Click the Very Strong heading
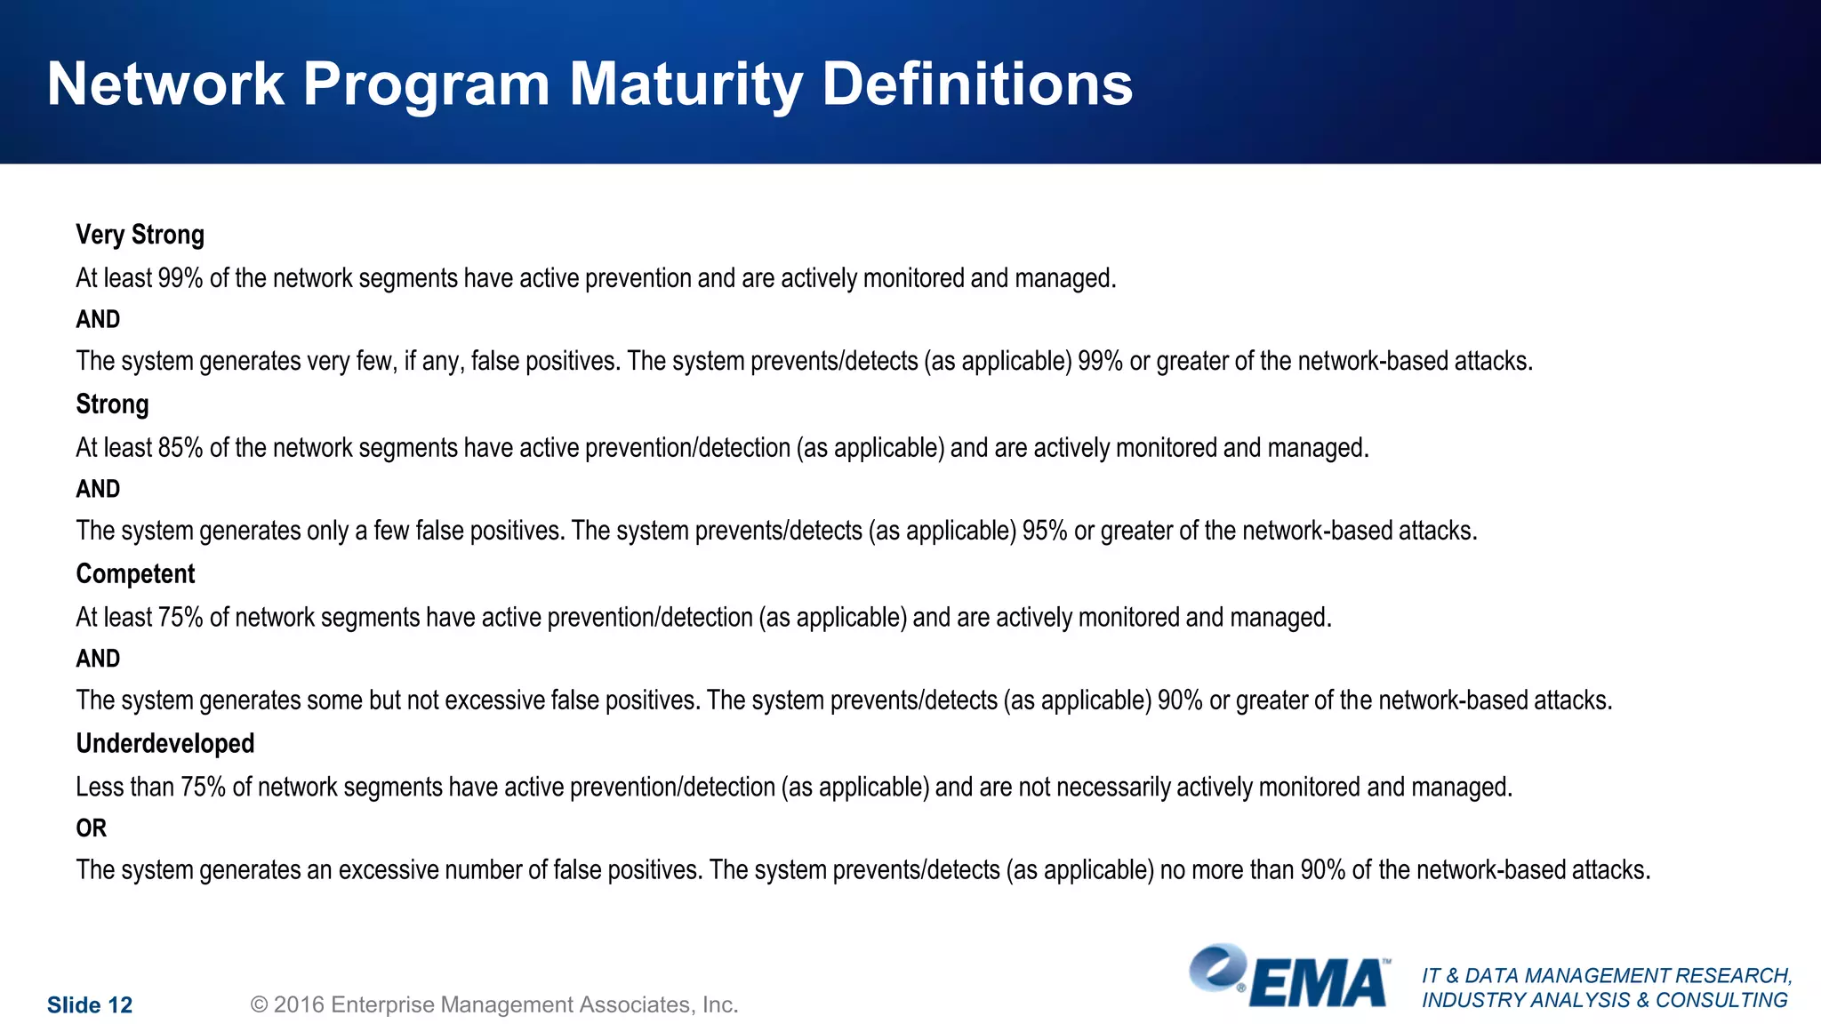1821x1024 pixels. tap(140, 235)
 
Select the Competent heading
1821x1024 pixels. tap(135, 574)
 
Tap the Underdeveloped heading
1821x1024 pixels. tap(164, 744)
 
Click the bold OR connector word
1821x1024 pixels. tap(91, 828)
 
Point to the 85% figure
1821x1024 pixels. tap(180, 448)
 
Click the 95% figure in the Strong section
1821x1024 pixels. tap(1044, 532)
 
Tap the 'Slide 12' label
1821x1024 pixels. tap(89, 1005)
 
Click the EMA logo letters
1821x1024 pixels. tap(1318, 984)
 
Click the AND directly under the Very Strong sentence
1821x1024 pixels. tap(98, 320)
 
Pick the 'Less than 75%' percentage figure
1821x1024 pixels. tap(203, 788)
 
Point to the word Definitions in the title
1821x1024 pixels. tap(976, 85)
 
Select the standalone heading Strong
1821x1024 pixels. tap(112, 404)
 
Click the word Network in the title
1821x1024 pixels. tap(165, 85)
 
